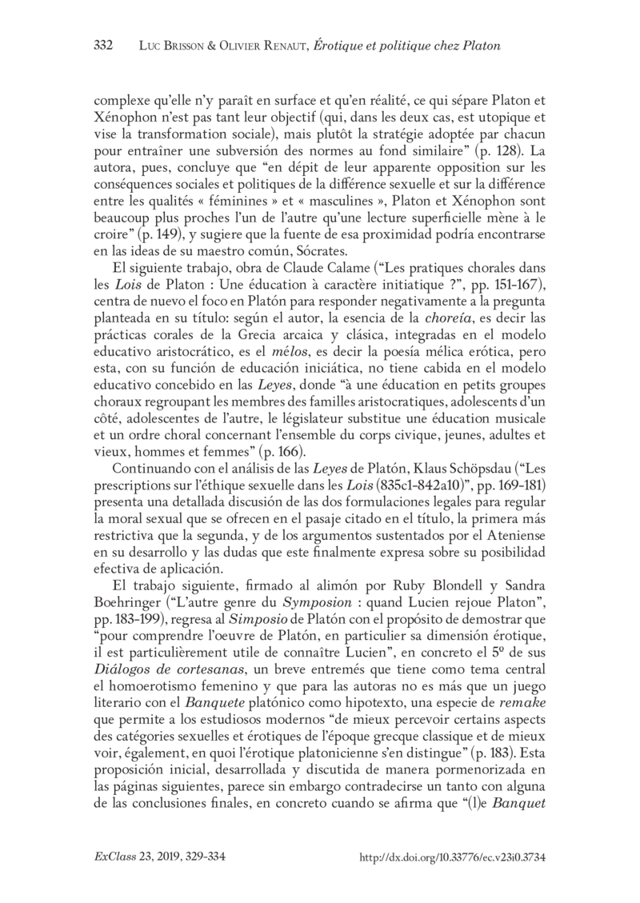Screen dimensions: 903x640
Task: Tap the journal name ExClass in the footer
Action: point(111,857)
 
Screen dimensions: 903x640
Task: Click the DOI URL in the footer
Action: point(453,857)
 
